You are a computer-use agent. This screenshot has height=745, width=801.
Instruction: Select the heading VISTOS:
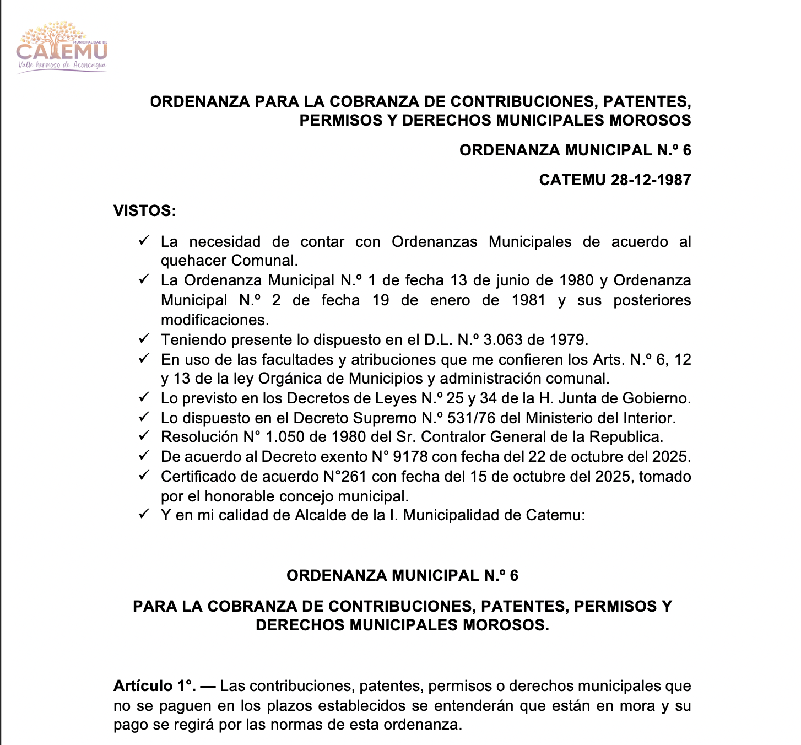(x=144, y=211)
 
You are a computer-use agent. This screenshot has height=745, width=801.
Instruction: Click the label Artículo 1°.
(x=154, y=686)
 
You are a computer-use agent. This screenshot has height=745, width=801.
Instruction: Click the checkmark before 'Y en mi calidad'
(x=144, y=514)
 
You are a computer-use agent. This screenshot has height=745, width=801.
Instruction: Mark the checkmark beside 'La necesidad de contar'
(x=144, y=240)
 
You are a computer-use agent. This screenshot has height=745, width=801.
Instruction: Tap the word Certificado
(x=202, y=477)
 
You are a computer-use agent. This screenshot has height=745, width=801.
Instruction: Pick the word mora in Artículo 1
(x=636, y=706)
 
